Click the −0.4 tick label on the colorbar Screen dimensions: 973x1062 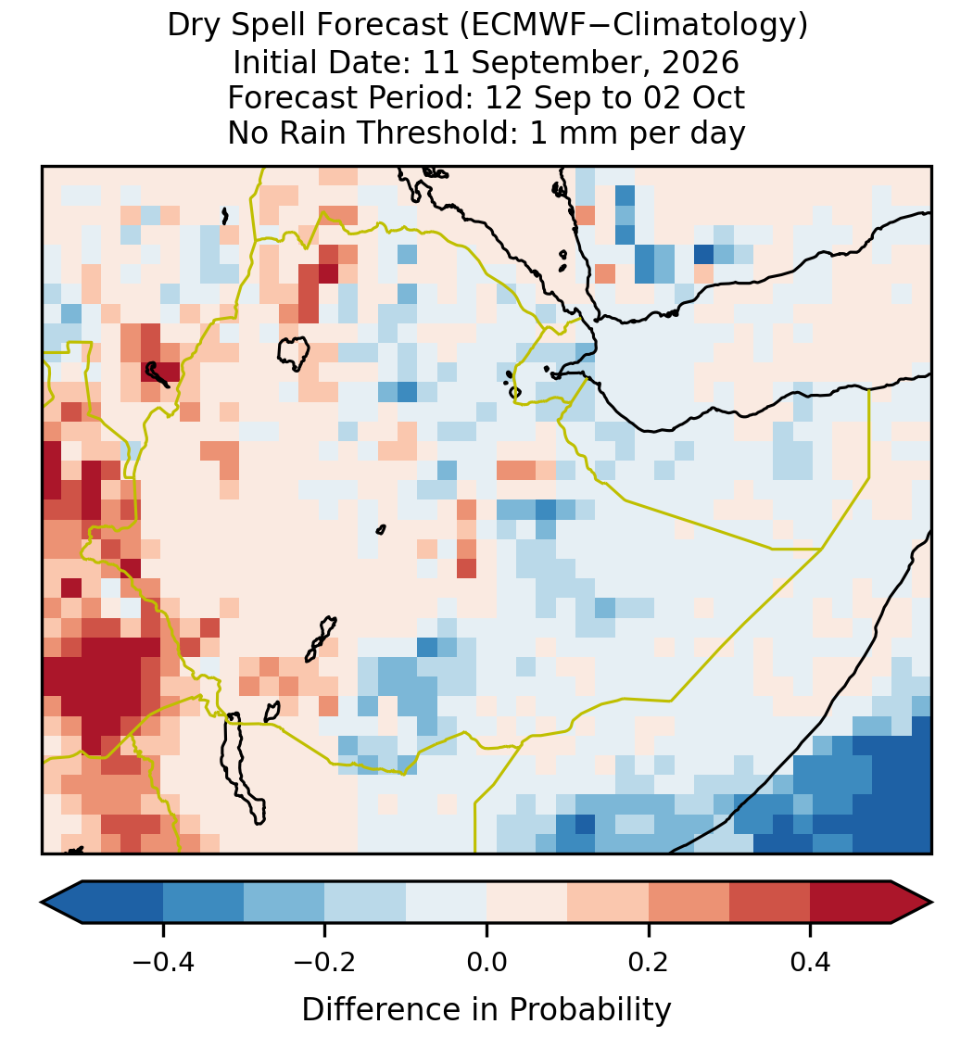click(x=162, y=962)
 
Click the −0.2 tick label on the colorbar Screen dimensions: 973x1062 click(x=324, y=962)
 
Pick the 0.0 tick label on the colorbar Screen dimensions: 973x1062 click(x=486, y=962)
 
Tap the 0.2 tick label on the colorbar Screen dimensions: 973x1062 click(x=649, y=962)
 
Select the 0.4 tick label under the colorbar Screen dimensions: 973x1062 click(x=811, y=962)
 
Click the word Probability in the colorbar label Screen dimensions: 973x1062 click(x=589, y=1010)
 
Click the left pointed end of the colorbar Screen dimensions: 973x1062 click(x=42, y=903)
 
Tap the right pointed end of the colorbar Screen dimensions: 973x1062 click(x=931, y=903)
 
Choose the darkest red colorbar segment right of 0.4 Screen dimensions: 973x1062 click(x=851, y=903)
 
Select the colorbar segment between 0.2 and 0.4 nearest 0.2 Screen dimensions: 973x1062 click(x=689, y=903)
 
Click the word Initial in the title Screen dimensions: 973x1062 click(x=272, y=62)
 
